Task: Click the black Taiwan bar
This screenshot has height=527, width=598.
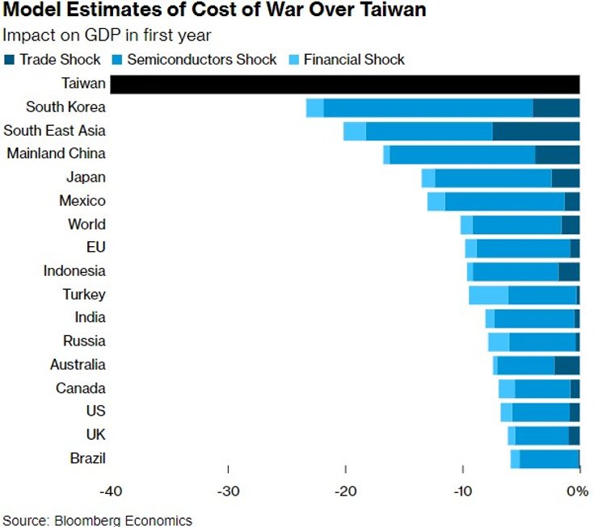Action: (344, 84)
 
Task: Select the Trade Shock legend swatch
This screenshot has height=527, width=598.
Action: (10, 60)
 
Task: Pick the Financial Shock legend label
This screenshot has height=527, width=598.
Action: (354, 60)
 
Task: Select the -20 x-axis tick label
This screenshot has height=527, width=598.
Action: (346, 491)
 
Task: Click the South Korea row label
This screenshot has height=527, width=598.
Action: (65, 107)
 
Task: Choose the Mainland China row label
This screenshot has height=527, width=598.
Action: (56, 154)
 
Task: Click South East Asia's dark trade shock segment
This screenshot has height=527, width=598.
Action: (536, 131)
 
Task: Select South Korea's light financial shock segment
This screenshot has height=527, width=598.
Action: (314, 107)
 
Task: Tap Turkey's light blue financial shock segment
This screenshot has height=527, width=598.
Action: (488, 295)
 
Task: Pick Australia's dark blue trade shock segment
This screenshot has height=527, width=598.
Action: (567, 365)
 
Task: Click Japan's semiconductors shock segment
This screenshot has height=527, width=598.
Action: (493, 178)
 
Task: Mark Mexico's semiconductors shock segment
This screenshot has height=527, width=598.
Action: (504, 201)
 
